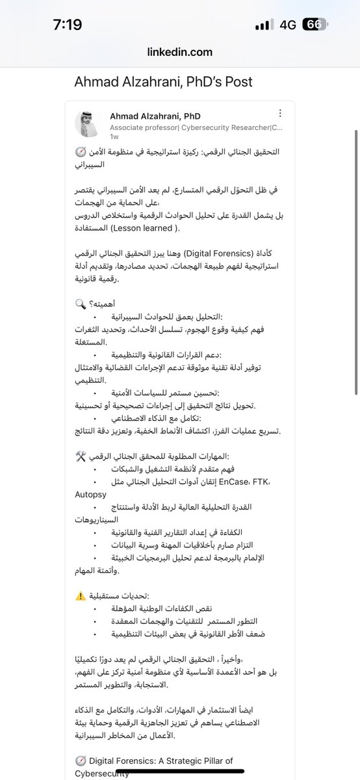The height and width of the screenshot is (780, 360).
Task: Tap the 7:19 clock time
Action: [x=68, y=25]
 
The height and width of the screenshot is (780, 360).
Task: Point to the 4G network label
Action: [x=287, y=25]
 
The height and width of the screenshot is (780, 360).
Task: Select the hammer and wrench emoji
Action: [x=81, y=456]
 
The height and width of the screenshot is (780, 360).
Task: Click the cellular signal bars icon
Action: [x=263, y=25]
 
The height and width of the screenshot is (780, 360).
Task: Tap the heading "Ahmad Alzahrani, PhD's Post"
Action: [x=163, y=82]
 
